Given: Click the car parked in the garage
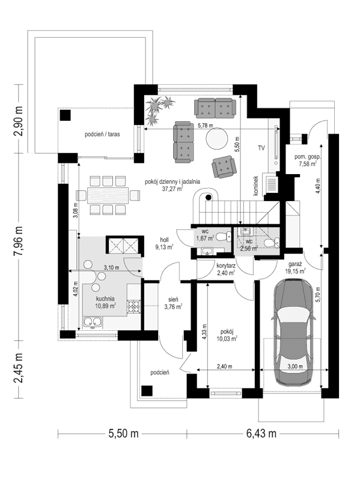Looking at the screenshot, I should [294, 336].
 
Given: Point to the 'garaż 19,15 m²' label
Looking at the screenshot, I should [295, 267].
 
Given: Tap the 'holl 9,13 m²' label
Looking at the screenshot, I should [163, 242].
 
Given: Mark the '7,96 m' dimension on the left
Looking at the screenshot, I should [17, 238].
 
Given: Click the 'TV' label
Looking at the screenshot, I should [261, 148].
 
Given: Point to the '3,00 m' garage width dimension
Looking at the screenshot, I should [294, 366].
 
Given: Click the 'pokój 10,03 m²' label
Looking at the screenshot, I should [227, 334].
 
